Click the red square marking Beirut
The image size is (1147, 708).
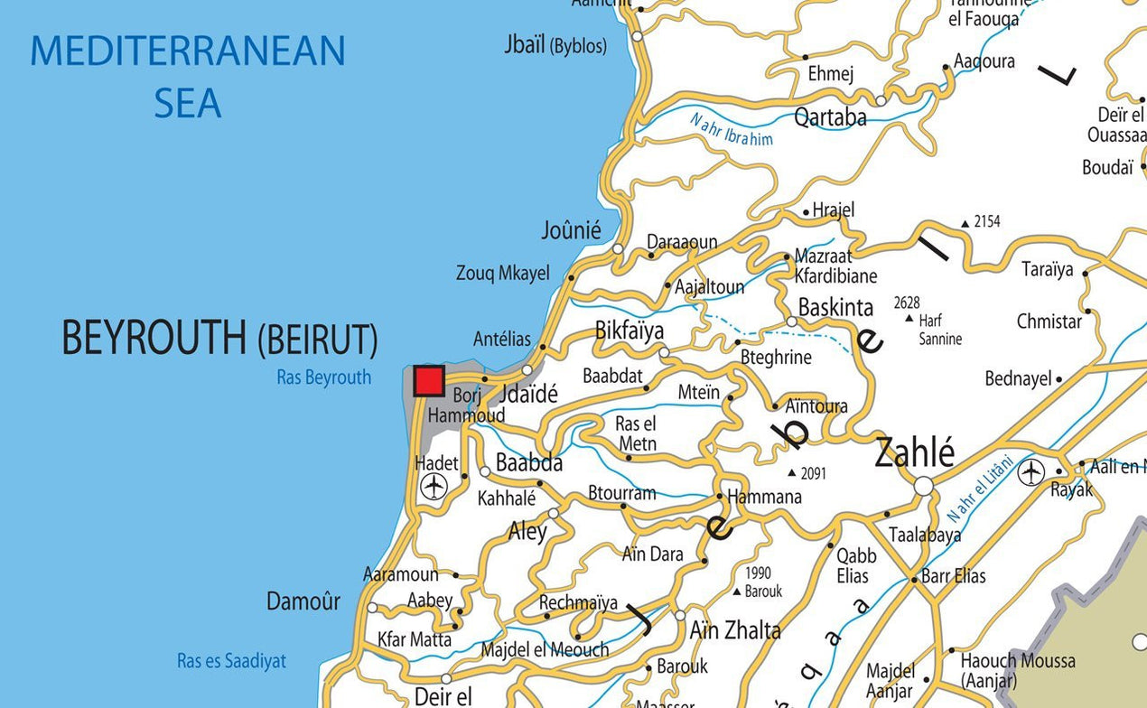(429, 381)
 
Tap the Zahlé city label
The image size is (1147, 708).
(914, 452)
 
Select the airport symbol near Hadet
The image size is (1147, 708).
(434, 486)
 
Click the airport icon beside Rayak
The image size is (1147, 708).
(1030, 471)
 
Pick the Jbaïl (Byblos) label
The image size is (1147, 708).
(555, 45)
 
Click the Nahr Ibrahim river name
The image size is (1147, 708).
(732, 128)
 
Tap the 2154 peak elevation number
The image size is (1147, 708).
(987, 221)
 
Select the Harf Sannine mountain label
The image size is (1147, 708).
(939, 330)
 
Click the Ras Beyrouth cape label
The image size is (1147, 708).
(323, 377)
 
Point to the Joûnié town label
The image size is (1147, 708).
(571, 230)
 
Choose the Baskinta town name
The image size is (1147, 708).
(835, 307)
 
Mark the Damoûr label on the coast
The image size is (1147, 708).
(303, 601)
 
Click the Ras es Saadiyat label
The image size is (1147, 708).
(231, 661)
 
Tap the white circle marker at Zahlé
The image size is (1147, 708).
(923, 487)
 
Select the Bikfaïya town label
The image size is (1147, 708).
(629, 330)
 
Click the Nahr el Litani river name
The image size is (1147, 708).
(981, 489)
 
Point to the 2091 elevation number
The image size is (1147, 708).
(813, 473)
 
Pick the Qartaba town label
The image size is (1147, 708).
(830, 116)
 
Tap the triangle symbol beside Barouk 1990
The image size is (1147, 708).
(737, 592)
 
